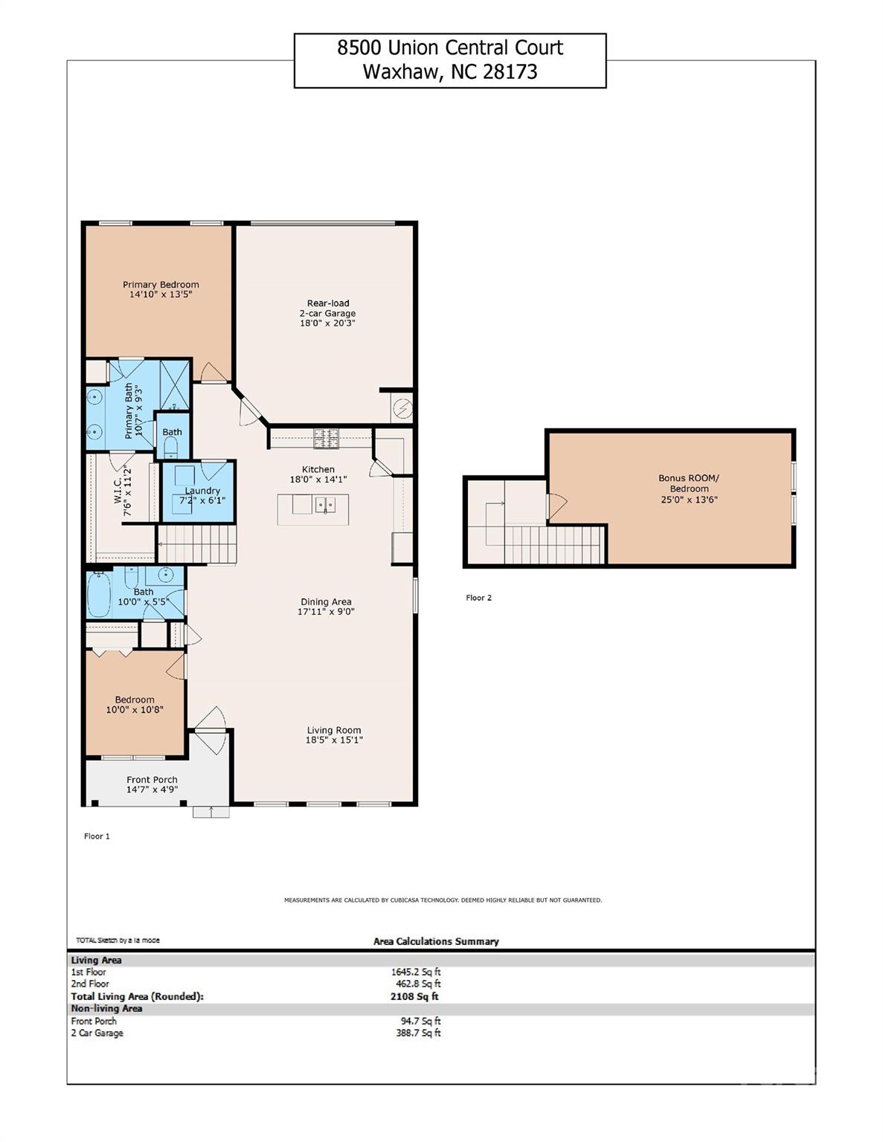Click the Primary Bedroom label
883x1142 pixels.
tap(161, 285)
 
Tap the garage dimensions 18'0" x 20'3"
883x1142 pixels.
tap(327, 323)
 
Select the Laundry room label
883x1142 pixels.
tap(202, 491)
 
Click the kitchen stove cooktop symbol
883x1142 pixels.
tap(326, 439)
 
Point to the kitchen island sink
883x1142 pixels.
tap(325, 506)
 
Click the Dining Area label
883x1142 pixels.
tap(326, 602)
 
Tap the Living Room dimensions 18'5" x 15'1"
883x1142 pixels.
tap(334, 741)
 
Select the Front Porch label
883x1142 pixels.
tap(152, 780)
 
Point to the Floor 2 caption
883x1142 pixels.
tap(479, 598)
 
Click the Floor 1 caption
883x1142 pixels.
tap(97, 836)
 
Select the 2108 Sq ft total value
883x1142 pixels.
tap(414, 997)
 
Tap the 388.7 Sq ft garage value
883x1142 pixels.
tap(418, 1033)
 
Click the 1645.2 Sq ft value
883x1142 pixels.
tap(416, 972)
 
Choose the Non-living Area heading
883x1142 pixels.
tap(106, 1009)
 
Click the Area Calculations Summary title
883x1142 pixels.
tap(436, 942)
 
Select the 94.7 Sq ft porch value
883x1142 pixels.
tap(420, 1022)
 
